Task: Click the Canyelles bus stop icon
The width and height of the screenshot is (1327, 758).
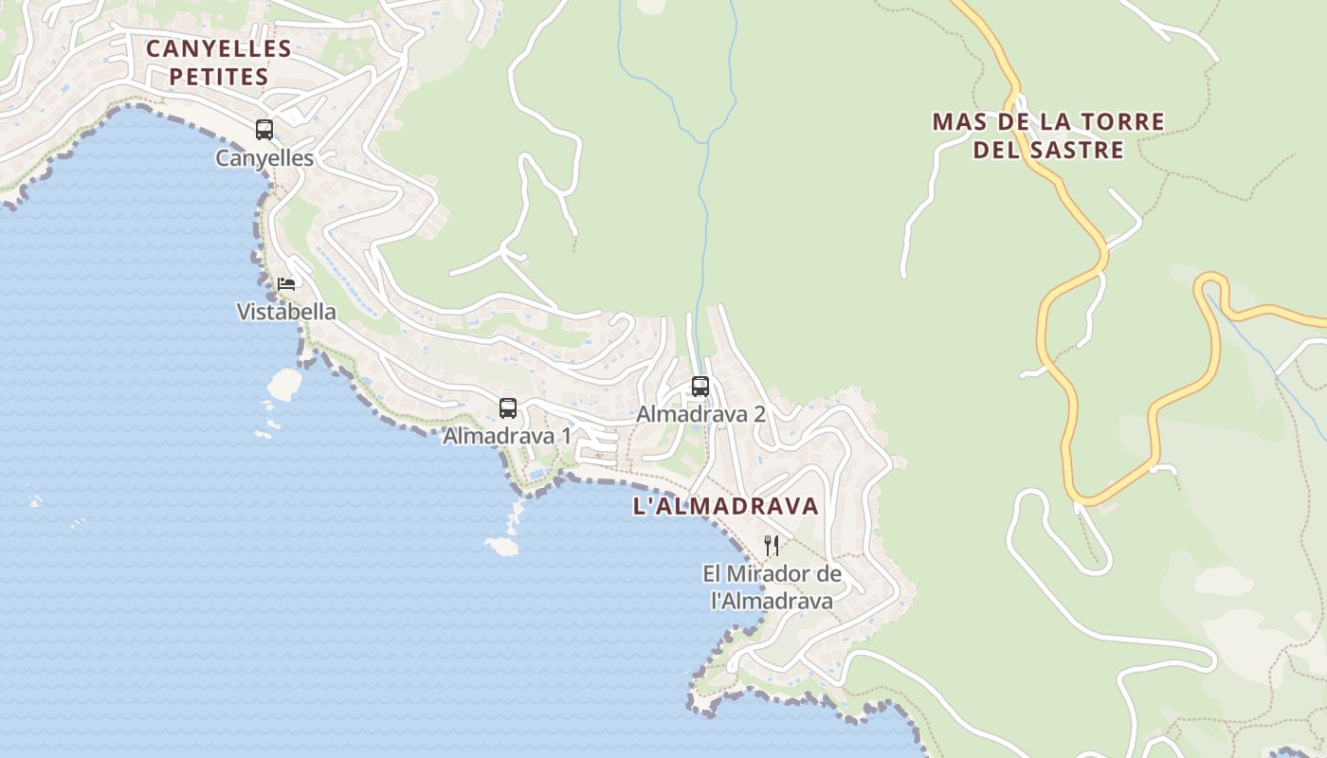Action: coord(264,130)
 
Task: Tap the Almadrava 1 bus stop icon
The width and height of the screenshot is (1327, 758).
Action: coord(508,408)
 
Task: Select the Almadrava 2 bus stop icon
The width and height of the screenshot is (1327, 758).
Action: coord(700,387)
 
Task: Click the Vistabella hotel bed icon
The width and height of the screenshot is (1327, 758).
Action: coord(286,283)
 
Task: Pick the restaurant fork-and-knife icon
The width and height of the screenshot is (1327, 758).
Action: coord(772,546)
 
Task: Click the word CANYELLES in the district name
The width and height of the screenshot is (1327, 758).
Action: coord(218,48)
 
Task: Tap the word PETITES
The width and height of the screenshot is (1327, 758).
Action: coord(219,77)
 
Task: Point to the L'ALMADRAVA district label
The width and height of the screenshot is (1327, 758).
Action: coord(725,506)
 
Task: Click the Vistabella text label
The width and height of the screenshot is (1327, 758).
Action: coord(286,312)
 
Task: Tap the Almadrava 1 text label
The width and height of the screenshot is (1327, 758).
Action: coord(507,436)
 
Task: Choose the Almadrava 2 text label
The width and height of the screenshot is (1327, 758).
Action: coord(700,414)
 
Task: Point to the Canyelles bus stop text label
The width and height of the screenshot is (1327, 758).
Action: coord(264,158)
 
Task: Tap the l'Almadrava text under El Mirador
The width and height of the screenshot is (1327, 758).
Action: coord(772,601)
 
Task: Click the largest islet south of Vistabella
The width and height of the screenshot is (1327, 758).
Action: coord(284,384)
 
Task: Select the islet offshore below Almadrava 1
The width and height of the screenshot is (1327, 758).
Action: coord(501,546)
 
